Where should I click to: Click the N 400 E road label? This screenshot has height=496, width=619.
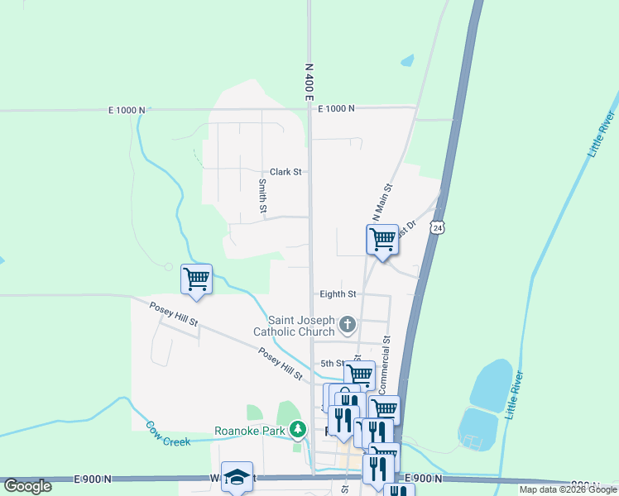309,82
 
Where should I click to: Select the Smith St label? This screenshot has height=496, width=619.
262,197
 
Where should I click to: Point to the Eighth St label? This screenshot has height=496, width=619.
338,293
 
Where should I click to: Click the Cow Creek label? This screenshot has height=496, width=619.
169,434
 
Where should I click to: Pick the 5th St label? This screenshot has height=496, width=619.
332,363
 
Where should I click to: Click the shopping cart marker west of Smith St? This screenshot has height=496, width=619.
197,279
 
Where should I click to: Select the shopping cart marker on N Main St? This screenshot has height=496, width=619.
382,240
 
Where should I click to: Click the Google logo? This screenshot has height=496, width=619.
27,486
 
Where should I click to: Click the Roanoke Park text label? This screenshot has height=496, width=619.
249,431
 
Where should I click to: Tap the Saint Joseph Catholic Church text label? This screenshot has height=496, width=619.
301,326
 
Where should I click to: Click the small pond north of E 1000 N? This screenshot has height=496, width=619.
406,60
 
